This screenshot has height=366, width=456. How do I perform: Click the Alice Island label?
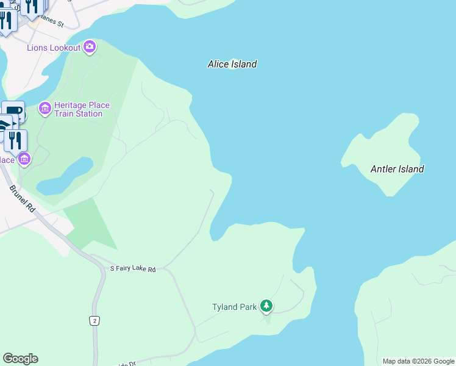point(232,64)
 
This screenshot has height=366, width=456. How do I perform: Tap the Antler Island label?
point(397,169)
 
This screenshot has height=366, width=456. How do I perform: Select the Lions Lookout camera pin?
point(90,46)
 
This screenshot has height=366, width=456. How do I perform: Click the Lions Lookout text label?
point(54,48)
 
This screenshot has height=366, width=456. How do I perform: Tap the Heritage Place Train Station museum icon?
point(45,109)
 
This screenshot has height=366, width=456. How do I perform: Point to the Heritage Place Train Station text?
point(82,109)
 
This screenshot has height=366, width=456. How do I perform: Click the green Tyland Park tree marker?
point(266,306)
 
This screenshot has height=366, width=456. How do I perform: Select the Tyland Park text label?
point(234,307)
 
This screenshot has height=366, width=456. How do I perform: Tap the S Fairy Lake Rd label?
point(133,268)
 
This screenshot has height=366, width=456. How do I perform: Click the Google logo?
point(20,359)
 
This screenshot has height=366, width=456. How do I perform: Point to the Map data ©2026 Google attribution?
point(418,361)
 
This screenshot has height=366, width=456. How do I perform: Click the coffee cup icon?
point(13,112)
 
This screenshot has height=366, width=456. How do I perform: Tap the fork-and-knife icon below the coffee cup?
point(16,141)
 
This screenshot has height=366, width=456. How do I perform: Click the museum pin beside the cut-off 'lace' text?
point(24,159)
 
